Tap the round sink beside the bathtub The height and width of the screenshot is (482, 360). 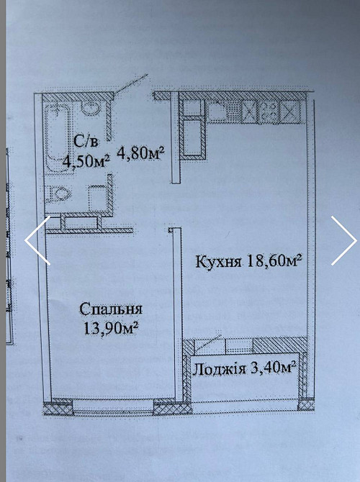[90, 109]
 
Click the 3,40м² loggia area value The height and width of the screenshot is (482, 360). [271, 369]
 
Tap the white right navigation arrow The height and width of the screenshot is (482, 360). [343, 240]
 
